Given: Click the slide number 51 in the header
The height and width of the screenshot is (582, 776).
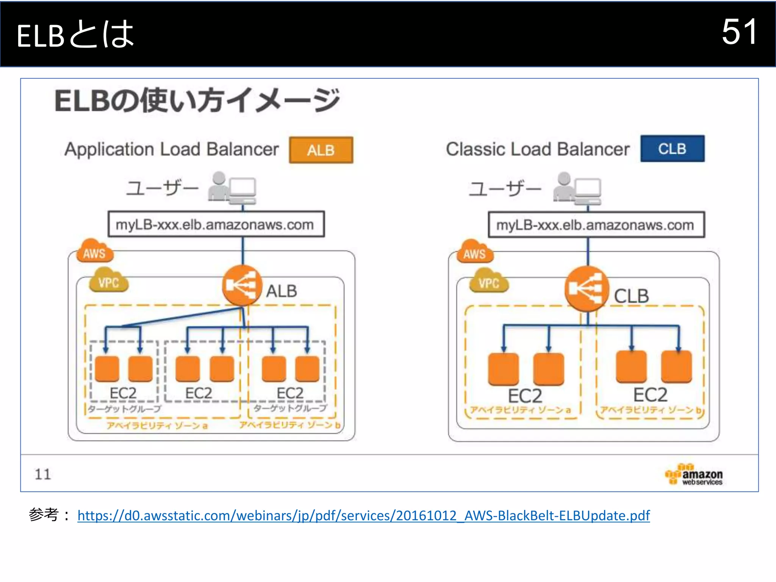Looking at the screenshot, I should tap(739, 32).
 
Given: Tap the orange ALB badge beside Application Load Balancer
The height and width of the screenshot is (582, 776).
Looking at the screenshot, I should tap(321, 150).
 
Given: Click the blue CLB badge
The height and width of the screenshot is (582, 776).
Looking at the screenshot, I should tap(672, 149).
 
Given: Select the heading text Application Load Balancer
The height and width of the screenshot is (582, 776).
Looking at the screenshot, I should tap(171, 149).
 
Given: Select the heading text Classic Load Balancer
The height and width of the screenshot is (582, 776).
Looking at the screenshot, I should tap(537, 149).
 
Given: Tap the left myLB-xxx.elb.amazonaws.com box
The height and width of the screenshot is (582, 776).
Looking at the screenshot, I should tap(216, 224).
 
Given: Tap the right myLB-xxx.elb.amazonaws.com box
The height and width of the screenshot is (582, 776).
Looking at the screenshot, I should tap(596, 225).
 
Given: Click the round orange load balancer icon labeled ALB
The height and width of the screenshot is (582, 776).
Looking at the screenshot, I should tap(242, 286).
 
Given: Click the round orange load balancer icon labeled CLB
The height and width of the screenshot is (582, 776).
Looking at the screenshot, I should tap(587, 289).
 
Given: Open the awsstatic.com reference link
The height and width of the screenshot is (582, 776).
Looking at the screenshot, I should tap(363, 516).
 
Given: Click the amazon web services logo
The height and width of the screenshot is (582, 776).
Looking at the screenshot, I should tap(694, 475).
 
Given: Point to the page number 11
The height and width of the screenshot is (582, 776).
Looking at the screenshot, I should tap(42, 474).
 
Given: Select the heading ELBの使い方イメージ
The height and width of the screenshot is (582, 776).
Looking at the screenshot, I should tap(197, 101).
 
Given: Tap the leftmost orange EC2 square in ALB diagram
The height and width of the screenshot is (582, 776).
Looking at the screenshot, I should tap(107, 368).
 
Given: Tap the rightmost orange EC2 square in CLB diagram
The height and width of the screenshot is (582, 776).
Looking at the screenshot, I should tap(676, 367).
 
